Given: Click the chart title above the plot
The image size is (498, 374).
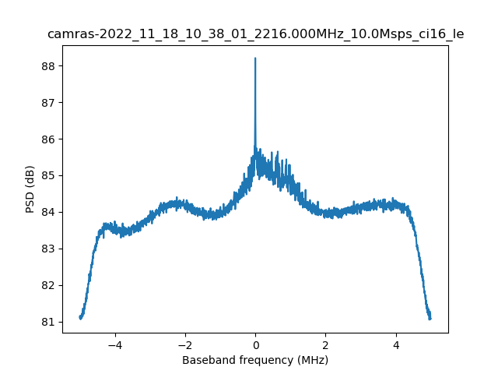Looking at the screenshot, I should (x=255, y=34).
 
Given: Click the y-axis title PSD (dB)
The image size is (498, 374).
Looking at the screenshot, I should (x=30, y=189).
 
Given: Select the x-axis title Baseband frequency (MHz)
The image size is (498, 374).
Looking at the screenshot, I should (x=255, y=360).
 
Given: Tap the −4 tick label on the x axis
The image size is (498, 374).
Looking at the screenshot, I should (x=114, y=344).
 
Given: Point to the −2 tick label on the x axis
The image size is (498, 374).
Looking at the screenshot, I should (x=184, y=344).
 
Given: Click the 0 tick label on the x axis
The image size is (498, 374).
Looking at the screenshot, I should (x=255, y=344).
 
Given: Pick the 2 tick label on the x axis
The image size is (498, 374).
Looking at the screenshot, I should (x=325, y=344).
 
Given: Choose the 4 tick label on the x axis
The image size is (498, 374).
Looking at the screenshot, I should (x=395, y=344).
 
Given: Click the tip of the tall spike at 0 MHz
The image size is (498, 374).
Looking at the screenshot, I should (x=255, y=58).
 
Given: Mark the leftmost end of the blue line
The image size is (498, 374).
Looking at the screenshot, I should (x=80, y=317).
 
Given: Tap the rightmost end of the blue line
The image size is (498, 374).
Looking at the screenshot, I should (x=430, y=318).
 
